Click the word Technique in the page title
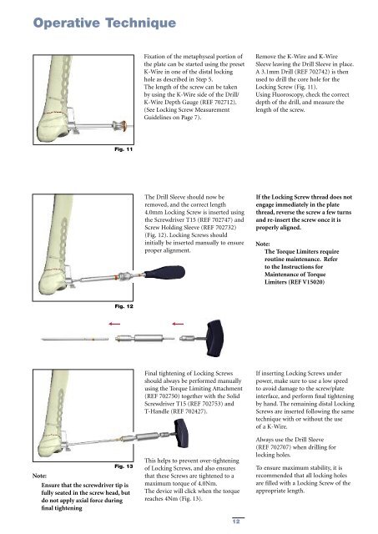point(141,23)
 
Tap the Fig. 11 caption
point(123,149)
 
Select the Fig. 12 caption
point(123,306)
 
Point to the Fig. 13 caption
point(123,466)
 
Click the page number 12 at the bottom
point(236,521)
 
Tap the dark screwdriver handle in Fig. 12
point(164,273)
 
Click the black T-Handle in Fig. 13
point(181,433)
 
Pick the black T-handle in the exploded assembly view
point(214,338)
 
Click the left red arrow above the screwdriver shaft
point(114,324)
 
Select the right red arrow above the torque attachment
point(178,324)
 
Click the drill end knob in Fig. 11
point(120,126)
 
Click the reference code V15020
point(313,282)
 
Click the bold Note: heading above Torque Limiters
point(263,244)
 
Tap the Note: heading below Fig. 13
point(39,476)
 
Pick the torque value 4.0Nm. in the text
point(208,484)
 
